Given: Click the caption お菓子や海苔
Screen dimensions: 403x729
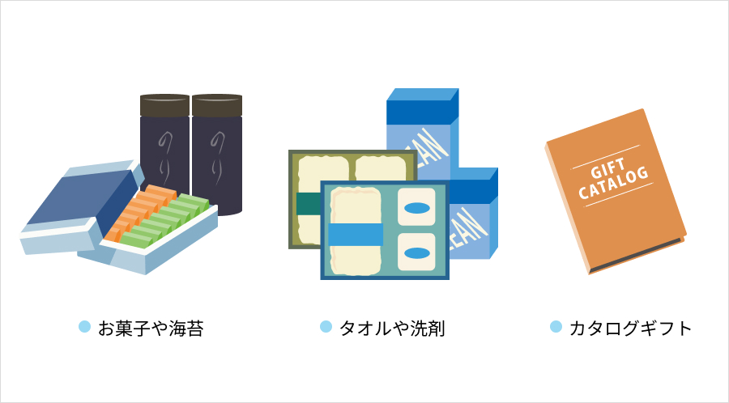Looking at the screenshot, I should click(150, 328).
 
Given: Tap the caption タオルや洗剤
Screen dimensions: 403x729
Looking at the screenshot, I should click(392, 328).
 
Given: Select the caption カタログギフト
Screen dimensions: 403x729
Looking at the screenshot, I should click(630, 328).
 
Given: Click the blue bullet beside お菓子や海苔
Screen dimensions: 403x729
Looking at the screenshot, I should click(84, 326).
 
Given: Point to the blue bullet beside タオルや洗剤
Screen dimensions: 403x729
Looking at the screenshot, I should click(326, 326).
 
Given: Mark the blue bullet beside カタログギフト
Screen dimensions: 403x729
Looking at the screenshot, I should click(556, 326).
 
